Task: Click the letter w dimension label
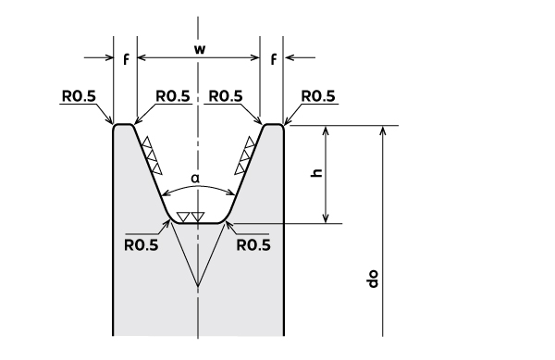pyautogui.click(x=200, y=50)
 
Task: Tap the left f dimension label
pyautogui.click(x=126, y=59)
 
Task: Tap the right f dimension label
pyautogui.click(x=273, y=59)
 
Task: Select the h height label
pyautogui.click(x=317, y=172)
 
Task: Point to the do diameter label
pyautogui.click(x=373, y=279)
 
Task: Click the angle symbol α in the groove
pyautogui.click(x=195, y=179)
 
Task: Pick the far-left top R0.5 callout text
pyautogui.click(x=79, y=96)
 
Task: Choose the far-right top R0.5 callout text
pyautogui.click(x=318, y=96)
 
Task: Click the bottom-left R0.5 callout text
pyautogui.click(x=142, y=245)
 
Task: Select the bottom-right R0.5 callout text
pyautogui.click(x=253, y=245)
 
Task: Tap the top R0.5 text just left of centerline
pyautogui.click(x=173, y=96)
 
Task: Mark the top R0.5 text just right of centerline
pyautogui.click(x=226, y=96)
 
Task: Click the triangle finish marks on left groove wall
pyautogui.click(x=152, y=155)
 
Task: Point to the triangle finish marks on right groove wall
pyautogui.click(x=245, y=155)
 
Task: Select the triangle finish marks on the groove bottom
pyautogui.click(x=191, y=217)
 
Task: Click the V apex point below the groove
pyautogui.click(x=198, y=286)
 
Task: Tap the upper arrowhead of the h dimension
pyautogui.click(x=326, y=130)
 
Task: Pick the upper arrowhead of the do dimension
pyautogui.click(x=383, y=130)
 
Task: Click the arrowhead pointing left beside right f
pyautogui.click(x=290, y=57)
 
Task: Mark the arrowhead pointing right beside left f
pyautogui.click(x=107, y=57)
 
